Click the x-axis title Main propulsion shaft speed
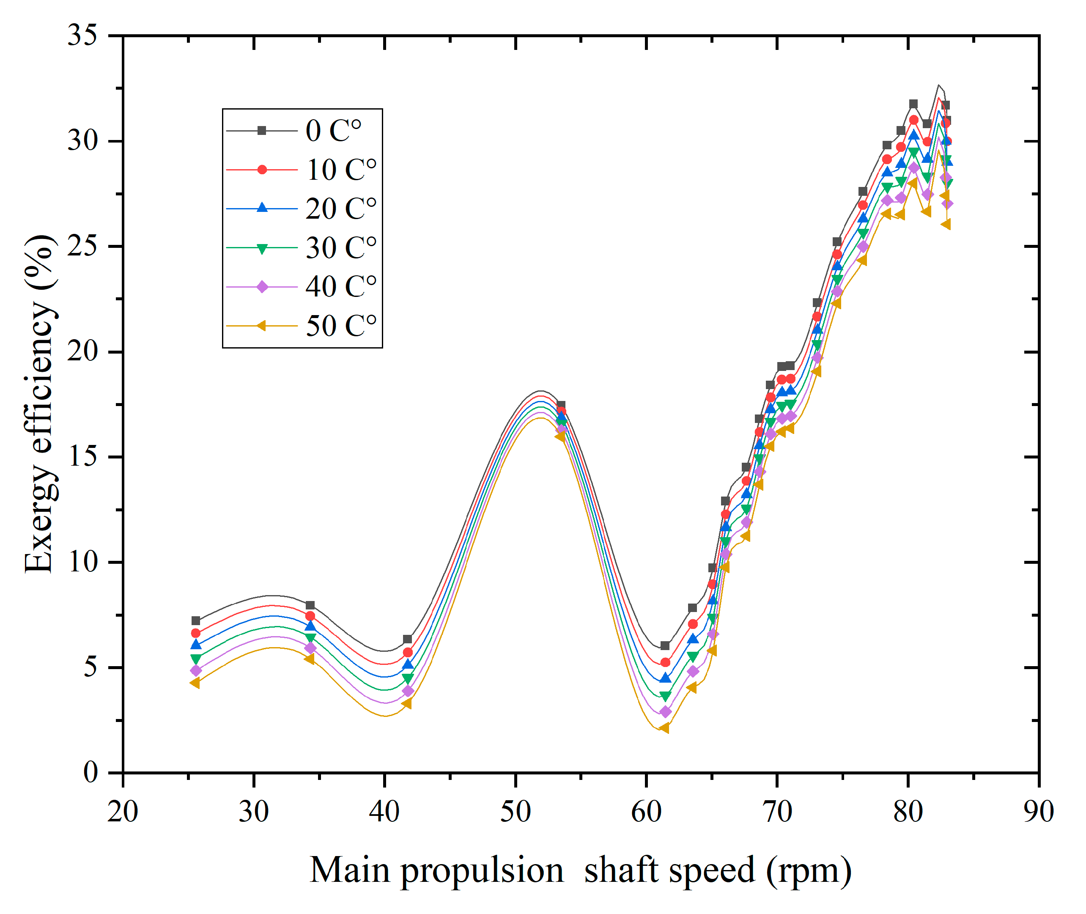(580, 870)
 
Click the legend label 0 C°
(333, 131)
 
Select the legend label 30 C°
(341, 248)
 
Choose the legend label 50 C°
(341, 326)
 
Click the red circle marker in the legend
(262, 170)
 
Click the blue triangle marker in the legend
(262, 208)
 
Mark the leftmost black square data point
(196, 621)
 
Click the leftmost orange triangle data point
(195, 683)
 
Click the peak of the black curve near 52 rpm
(540, 391)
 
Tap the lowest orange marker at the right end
(946, 224)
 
